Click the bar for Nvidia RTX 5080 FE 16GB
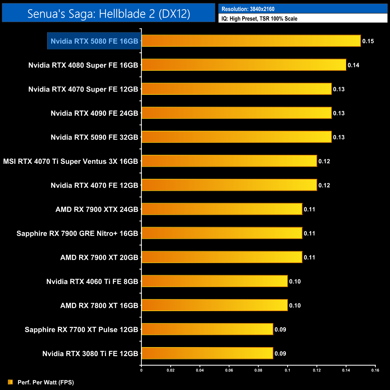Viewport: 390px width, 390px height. pyautogui.click(x=251, y=41)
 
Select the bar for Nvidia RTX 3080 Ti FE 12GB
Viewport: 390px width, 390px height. pyautogui.click(x=207, y=353)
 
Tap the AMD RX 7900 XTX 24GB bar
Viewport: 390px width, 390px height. pyautogui.click(x=222, y=209)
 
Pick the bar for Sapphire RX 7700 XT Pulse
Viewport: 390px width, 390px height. pyautogui.click(x=207, y=329)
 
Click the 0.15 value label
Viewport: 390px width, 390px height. pyautogui.click(x=368, y=41)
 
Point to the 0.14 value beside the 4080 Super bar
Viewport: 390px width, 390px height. pyautogui.click(x=353, y=65)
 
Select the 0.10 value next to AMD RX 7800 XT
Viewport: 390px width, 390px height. pyautogui.click(x=295, y=305)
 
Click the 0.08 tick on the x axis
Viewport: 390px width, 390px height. pyautogui.click(x=258, y=370)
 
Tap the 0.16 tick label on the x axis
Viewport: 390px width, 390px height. pyautogui.click(x=375, y=370)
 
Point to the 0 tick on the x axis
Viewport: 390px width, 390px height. pyautogui.click(x=141, y=370)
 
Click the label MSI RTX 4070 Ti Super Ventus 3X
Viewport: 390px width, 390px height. pyautogui.click(x=70, y=161)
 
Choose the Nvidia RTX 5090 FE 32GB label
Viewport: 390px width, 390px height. pyautogui.click(x=94, y=137)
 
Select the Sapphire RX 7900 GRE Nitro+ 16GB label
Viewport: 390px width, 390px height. pyautogui.click(x=77, y=233)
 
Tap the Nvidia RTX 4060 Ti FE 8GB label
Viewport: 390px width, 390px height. pyautogui.click(x=92, y=281)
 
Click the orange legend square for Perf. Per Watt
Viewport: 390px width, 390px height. pyautogui.click(x=10, y=382)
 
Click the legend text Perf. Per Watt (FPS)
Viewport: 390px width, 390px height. pyautogui.click(x=46, y=382)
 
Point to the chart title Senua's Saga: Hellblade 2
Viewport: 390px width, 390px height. pyautogui.click(x=109, y=13)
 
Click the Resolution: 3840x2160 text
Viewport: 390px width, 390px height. pyautogui.click(x=248, y=9)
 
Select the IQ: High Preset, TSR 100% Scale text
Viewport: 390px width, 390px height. pyautogui.click(x=259, y=19)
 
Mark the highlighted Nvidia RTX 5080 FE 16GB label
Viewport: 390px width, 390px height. pyautogui.click(x=94, y=41)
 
